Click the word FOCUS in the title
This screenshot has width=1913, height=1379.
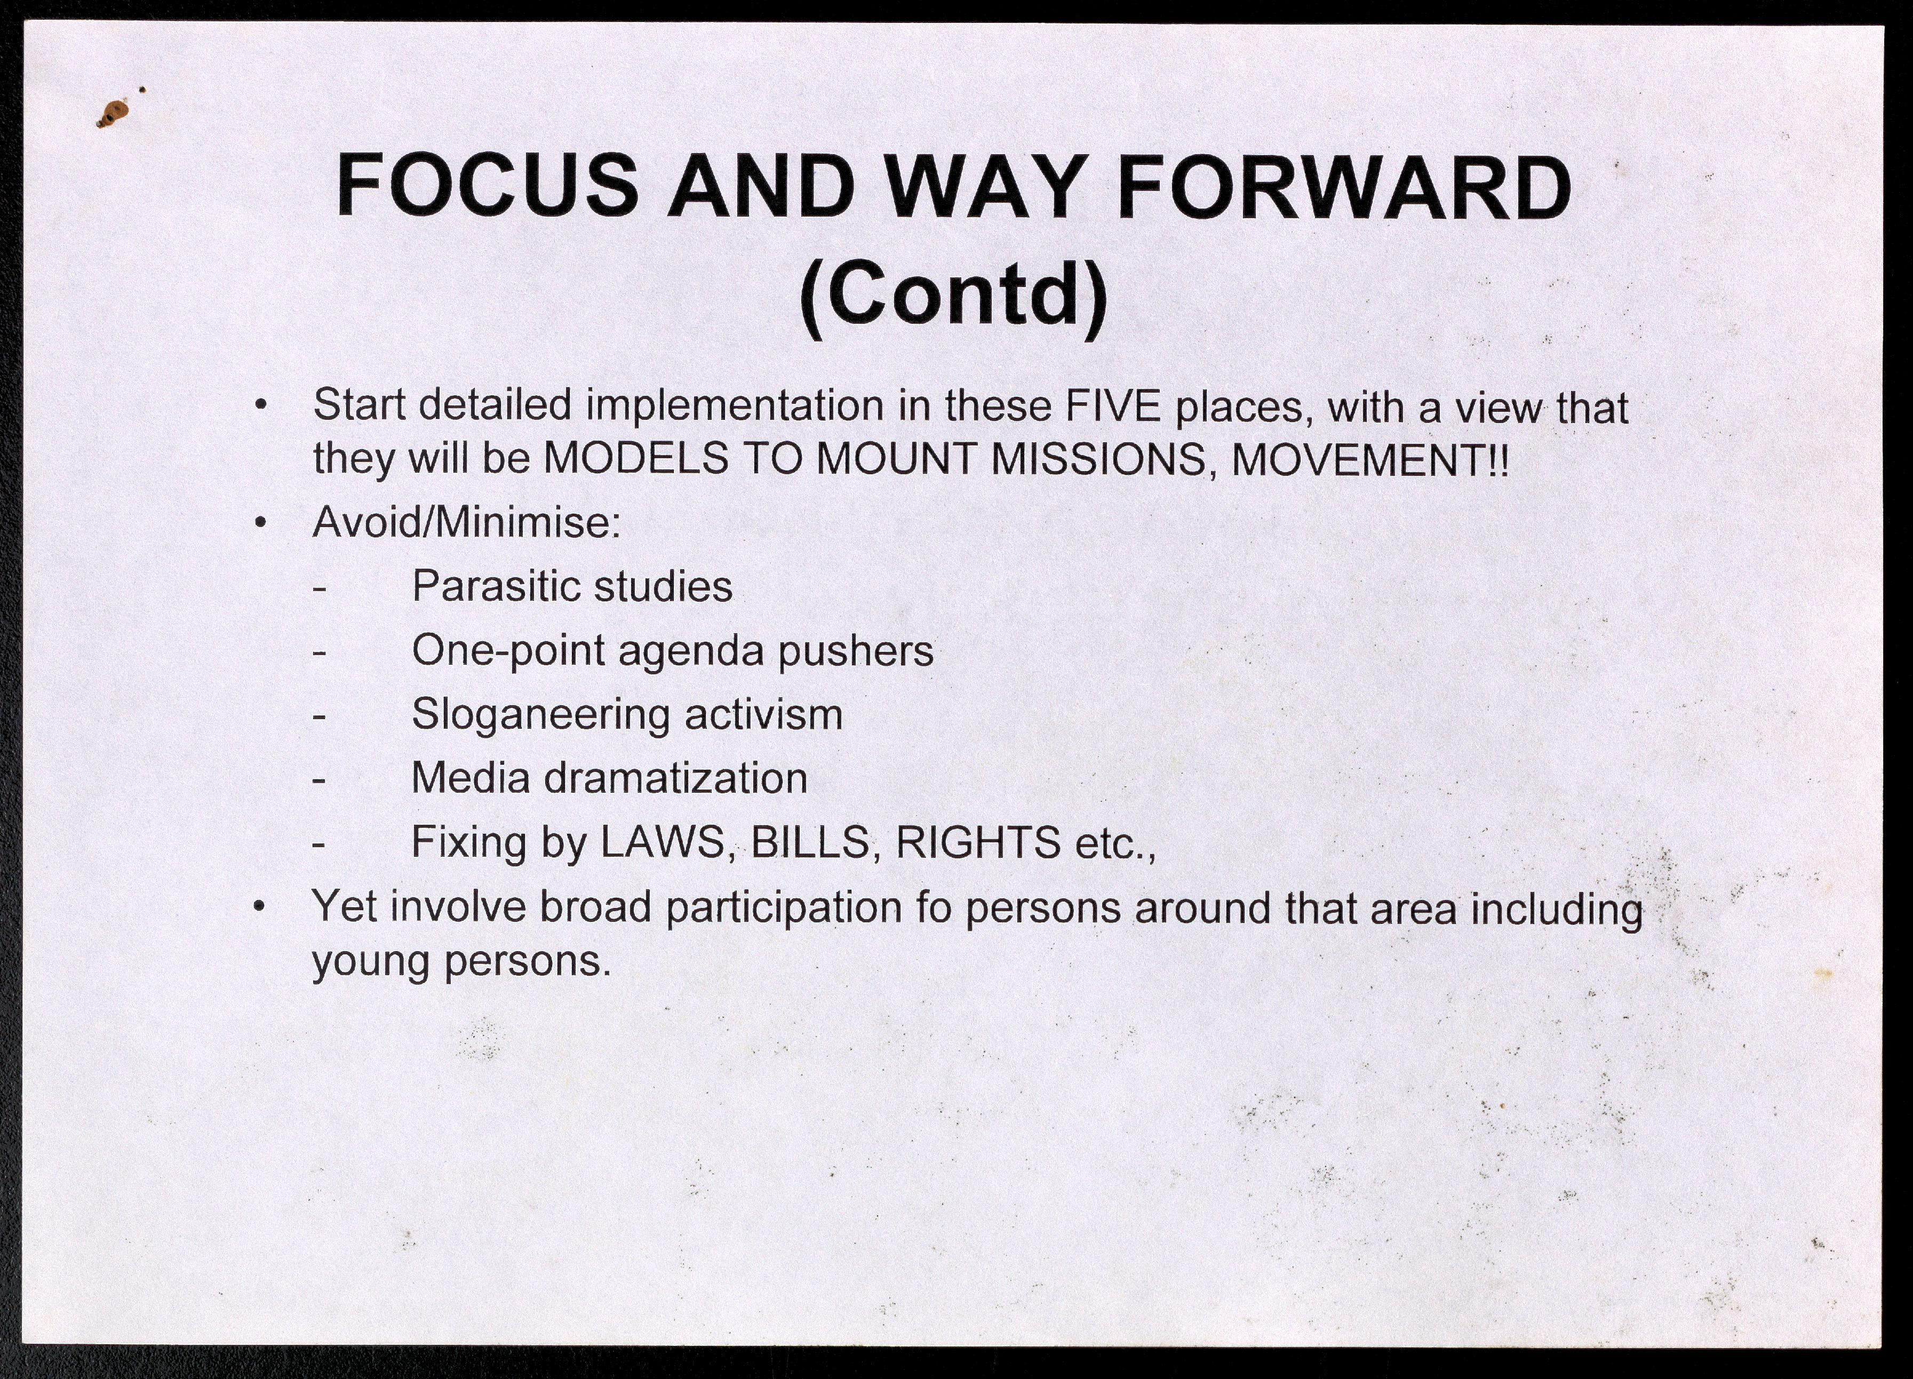pyautogui.click(x=488, y=186)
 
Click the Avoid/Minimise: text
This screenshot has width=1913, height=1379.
pyautogui.click(x=466, y=522)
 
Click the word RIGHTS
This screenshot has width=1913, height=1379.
pyautogui.click(x=978, y=842)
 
